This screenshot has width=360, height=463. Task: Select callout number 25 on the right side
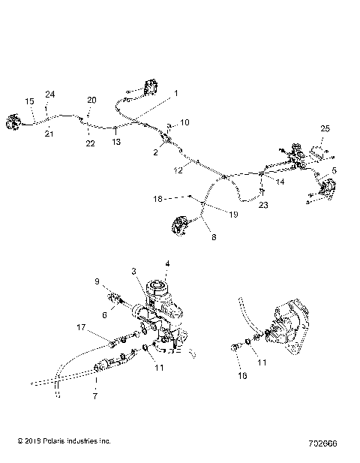(x=324, y=128)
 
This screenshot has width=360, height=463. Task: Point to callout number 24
(x=49, y=94)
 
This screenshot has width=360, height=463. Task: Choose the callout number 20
(x=91, y=100)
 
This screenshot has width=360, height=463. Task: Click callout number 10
(x=185, y=121)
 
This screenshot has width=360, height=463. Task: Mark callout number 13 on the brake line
(x=116, y=140)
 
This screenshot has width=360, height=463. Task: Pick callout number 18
(x=158, y=198)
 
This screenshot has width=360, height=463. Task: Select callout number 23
(x=262, y=204)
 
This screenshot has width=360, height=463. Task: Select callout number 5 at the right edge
(x=334, y=171)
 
